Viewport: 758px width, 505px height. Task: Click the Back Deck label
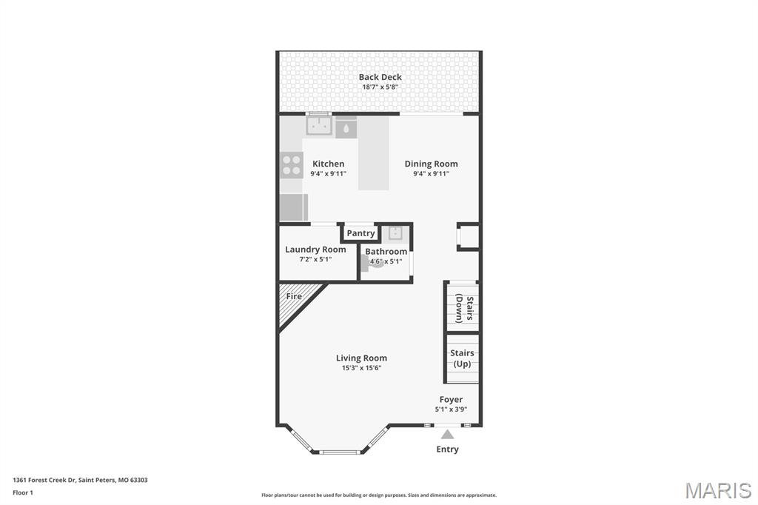pyautogui.click(x=380, y=77)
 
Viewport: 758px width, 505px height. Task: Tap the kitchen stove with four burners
pyautogui.click(x=292, y=164)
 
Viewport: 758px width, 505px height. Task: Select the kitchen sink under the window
pyautogui.click(x=319, y=126)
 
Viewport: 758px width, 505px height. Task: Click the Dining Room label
pyautogui.click(x=431, y=164)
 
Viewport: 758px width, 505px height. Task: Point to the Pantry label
pyautogui.click(x=360, y=233)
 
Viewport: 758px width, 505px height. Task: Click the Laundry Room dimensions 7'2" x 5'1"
pyautogui.click(x=315, y=260)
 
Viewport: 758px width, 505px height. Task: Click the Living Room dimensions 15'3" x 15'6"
pyautogui.click(x=361, y=368)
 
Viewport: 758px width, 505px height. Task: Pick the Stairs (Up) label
pyautogui.click(x=462, y=358)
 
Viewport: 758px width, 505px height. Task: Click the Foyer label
pyautogui.click(x=451, y=399)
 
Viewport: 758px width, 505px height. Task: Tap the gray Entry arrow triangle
pyautogui.click(x=447, y=435)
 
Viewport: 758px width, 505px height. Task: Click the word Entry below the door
pyautogui.click(x=447, y=449)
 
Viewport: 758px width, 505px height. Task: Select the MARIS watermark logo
pyautogui.click(x=717, y=490)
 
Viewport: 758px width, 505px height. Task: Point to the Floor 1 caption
pyautogui.click(x=23, y=492)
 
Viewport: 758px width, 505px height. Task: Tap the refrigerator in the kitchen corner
pyautogui.click(x=294, y=207)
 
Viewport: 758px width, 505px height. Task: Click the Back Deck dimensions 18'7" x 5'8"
pyautogui.click(x=380, y=87)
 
